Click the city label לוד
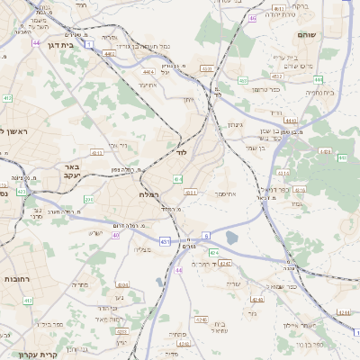point(180,155)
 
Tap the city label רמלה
point(149,194)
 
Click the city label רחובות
point(16,267)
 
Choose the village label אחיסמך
point(225,193)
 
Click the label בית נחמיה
point(319,92)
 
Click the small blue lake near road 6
point(232,238)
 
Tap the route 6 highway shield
point(205,236)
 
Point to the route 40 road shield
point(115,235)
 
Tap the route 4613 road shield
point(299,190)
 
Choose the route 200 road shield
point(88,199)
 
